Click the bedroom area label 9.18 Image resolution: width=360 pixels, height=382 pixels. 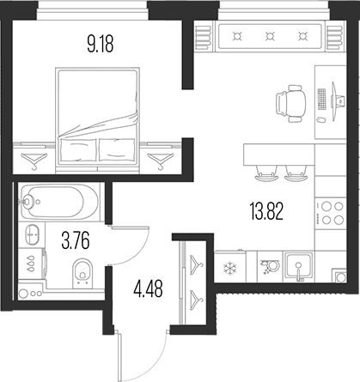[101, 45]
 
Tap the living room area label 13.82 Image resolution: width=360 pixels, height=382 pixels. [266, 211]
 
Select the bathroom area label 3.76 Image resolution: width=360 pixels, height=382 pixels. [76, 241]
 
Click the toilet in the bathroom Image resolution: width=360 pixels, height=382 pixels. [82, 272]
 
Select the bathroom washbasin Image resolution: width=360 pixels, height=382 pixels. [32, 234]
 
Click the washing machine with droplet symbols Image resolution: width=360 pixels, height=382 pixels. [32, 264]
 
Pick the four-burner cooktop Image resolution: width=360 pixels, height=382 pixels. [329, 213]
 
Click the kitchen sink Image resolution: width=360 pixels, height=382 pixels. [299, 267]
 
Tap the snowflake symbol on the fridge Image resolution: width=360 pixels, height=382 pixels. [229, 269]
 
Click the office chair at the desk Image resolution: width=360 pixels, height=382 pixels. [291, 104]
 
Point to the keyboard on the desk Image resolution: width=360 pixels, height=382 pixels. [322, 99]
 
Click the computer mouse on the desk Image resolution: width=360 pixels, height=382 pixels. [321, 119]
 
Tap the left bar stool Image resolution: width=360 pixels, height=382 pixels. [266, 173]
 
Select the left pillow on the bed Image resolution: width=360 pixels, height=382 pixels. [78, 149]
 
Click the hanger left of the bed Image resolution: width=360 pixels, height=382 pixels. [34, 161]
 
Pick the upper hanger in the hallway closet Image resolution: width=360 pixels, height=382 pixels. [197, 264]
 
